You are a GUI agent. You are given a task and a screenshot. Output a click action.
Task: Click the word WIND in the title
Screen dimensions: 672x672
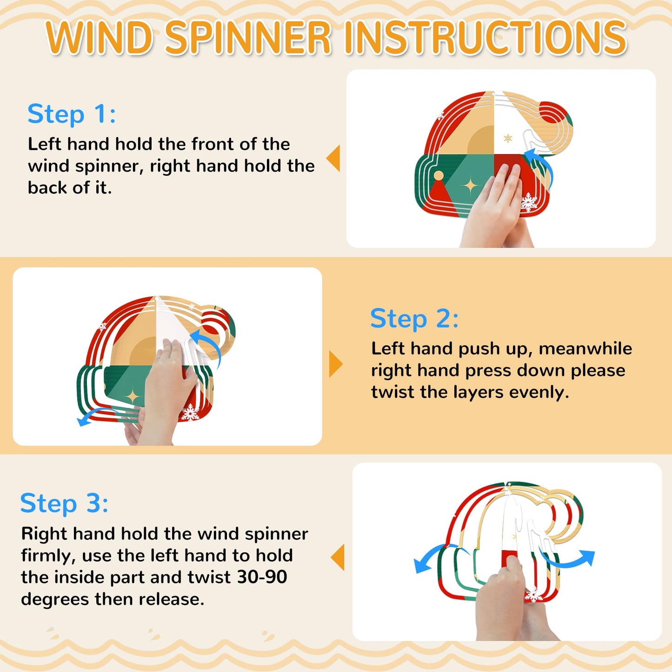pos(100,38)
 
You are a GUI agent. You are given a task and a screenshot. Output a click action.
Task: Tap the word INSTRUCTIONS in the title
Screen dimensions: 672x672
pos(489,38)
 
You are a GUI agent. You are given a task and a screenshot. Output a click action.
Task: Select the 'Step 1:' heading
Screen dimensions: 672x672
pos(72,114)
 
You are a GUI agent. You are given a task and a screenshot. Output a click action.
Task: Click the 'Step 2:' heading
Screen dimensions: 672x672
pos(414,319)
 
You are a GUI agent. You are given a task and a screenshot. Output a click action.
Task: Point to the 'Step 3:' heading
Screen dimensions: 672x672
pos(65,504)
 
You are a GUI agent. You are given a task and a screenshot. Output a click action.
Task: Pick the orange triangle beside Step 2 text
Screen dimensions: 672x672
pos(336,365)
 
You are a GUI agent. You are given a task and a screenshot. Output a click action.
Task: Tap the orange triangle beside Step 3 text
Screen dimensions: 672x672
pos(337,557)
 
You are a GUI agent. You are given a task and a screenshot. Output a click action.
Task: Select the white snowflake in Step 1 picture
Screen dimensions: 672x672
pos(529,202)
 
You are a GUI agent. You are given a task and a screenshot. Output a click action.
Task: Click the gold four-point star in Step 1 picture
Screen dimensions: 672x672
pos(471,186)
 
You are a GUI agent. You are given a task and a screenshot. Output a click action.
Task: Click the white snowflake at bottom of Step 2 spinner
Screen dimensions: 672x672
pos(190,412)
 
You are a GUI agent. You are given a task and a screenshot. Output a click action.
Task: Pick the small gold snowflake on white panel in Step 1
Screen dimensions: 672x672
pos(508,139)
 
